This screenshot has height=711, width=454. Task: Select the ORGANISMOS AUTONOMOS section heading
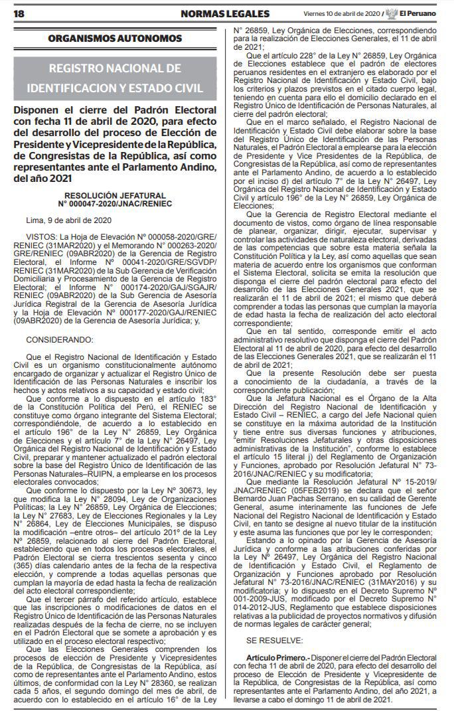click(115, 39)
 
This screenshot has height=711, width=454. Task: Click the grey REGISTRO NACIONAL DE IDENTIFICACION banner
click(115, 78)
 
